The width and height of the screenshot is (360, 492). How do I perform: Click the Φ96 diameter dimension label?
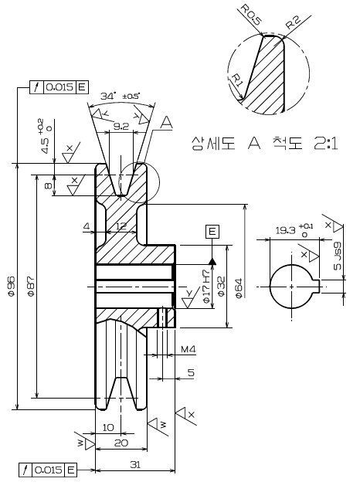click(x=12, y=286)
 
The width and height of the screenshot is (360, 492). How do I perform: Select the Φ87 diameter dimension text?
click(x=31, y=286)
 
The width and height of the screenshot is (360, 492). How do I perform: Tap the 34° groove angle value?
click(x=108, y=96)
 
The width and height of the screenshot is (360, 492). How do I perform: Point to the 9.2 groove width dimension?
click(x=121, y=127)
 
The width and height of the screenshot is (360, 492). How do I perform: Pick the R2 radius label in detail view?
click(x=293, y=22)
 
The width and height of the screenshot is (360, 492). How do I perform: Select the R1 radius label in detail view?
click(x=237, y=81)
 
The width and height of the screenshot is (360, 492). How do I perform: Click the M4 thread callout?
click(x=188, y=349)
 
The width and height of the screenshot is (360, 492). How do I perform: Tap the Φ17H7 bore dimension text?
click(x=206, y=286)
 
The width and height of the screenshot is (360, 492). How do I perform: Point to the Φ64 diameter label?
click(x=239, y=288)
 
